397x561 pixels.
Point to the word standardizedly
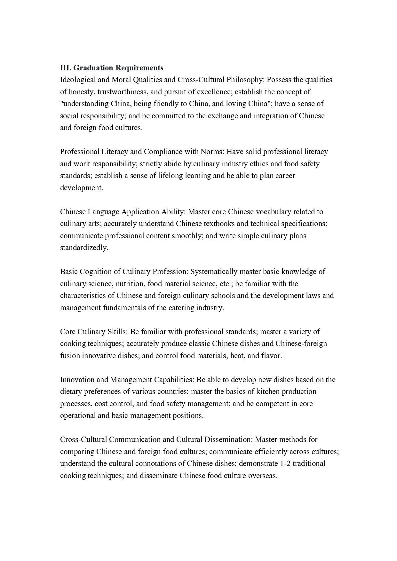(84, 248)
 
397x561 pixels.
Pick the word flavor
(272, 356)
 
